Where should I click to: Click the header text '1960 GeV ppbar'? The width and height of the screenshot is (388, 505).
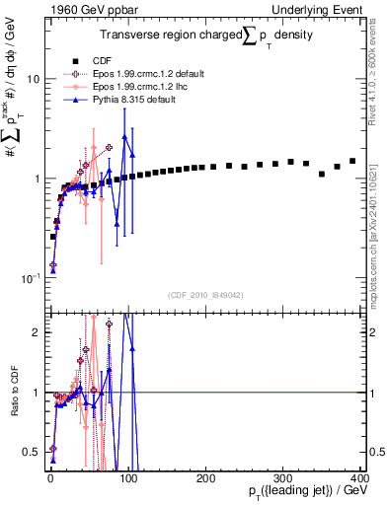coord(86,9)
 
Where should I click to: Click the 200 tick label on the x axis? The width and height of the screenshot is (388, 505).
coord(205,477)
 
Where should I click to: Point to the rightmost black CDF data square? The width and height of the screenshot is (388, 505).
coord(352,161)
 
